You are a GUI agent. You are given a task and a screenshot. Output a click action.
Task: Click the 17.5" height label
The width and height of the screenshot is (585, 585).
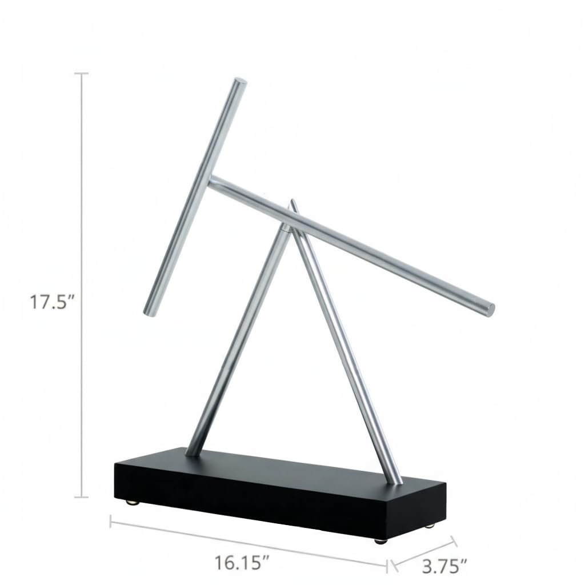(53, 302)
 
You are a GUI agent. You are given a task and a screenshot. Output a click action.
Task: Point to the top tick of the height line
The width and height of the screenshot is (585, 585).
(82, 74)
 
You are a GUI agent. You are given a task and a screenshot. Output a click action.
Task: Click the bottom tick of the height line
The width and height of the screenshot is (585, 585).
(82, 497)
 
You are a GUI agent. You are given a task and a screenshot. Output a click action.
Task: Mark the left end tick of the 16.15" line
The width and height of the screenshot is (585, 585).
(110, 521)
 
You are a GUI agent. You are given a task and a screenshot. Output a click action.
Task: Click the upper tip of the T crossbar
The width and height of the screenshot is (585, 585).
(241, 81)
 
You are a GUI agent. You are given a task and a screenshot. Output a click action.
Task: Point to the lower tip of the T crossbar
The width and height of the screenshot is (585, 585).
(149, 310)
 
